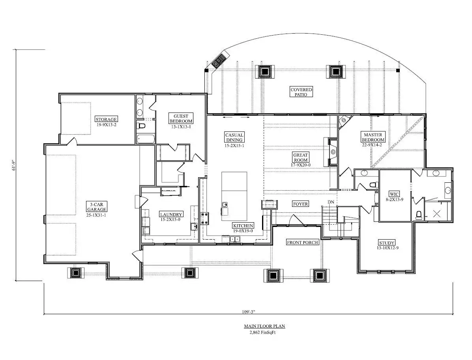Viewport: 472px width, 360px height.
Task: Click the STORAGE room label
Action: coord(106,119)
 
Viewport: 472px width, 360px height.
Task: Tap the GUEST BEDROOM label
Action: coord(181,118)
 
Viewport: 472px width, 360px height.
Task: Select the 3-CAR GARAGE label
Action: coord(97,207)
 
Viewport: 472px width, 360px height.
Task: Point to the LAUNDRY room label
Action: coord(170,214)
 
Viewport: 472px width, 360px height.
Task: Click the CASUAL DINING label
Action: coord(234,137)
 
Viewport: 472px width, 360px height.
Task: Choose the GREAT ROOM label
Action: coord(300,157)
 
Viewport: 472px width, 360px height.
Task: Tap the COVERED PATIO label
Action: coord(301,92)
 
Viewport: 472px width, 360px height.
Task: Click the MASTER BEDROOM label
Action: coord(373,137)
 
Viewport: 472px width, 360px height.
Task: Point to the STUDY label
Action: coord(387,243)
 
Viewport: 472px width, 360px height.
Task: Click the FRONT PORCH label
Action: coord(302,242)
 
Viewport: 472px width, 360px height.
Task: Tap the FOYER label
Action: coord(300,204)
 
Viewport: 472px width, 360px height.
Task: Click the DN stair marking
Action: coord(331,202)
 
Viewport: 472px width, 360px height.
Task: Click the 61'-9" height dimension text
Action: coord(13,165)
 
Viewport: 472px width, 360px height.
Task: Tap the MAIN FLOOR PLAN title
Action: coord(264,326)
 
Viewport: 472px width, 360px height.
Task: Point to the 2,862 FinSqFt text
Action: coord(262,333)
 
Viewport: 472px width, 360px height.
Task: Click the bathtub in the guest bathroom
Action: coord(146,139)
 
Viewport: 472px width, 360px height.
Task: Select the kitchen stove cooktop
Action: coord(205,218)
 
